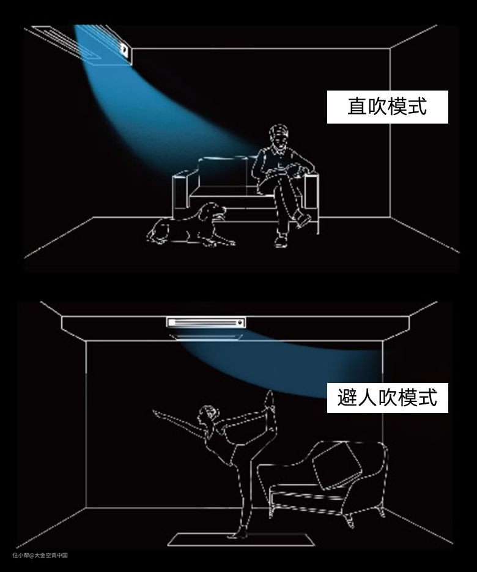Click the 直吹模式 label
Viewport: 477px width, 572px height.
click(387, 106)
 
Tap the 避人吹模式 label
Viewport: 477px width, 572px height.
click(387, 398)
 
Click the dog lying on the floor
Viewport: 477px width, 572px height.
click(190, 225)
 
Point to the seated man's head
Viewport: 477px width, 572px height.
click(279, 135)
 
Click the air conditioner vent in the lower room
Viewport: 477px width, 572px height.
click(206, 322)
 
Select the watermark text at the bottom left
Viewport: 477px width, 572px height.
click(40, 555)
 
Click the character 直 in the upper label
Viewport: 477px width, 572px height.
click(357, 106)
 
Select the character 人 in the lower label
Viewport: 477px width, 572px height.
click(367, 398)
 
